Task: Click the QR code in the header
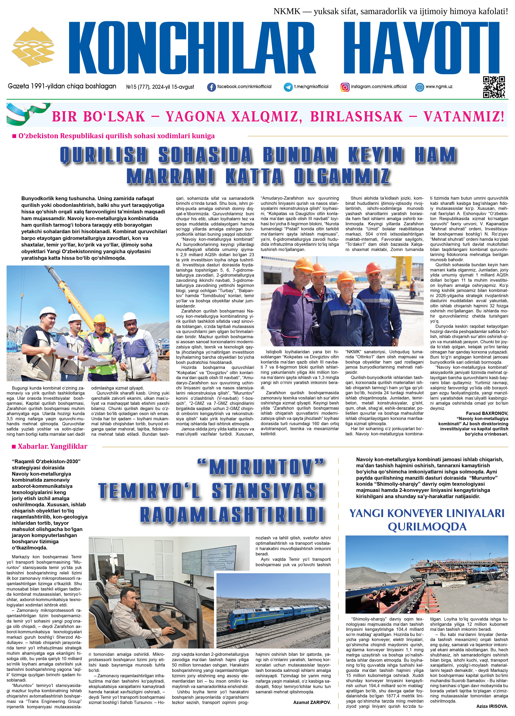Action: (x=494, y=87)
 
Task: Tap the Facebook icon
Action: (x=211, y=87)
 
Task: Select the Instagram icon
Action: (x=345, y=87)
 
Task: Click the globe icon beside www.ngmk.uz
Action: (x=419, y=87)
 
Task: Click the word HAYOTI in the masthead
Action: (x=421, y=48)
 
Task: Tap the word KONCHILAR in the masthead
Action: (x=192, y=48)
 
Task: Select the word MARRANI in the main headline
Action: (x=170, y=176)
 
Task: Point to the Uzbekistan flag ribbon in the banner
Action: (x=27, y=114)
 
